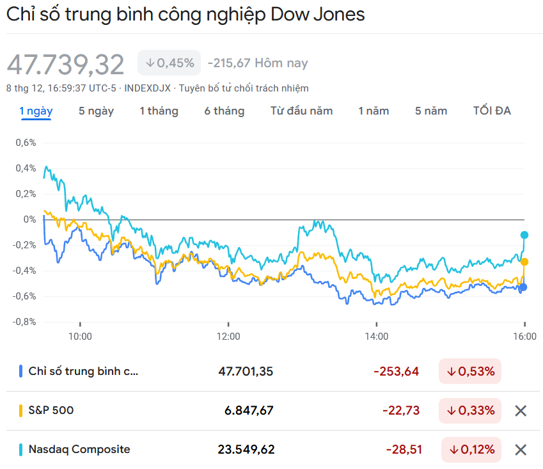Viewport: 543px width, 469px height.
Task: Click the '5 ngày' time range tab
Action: pyautogui.click(x=96, y=111)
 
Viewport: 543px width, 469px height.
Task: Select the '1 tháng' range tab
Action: pyautogui.click(x=159, y=111)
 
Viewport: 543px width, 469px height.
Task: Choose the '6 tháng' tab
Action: pyautogui.click(x=224, y=111)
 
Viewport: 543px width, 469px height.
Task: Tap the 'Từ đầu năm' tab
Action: pyautogui.click(x=301, y=111)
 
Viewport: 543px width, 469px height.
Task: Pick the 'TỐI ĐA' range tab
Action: pyautogui.click(x=492, y=111)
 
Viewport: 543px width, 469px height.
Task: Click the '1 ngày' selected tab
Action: pyautogui.click(x=36, y=111)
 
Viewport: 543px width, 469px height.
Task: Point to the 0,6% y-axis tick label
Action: pyautogui.click(x=26, y=143)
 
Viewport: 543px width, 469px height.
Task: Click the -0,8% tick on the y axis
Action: pyautogui.click(x=25, y=322)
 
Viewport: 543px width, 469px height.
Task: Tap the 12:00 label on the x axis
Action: pyautogui.click(x=228, y=336)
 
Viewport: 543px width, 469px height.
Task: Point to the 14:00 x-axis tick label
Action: pyautogui.click(x=377, y=336)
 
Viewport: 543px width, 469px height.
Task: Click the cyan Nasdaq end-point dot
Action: pyautogui.click(x=524, y=235)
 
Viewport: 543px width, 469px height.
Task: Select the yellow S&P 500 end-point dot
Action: pyautogui.click(x=524, y=262)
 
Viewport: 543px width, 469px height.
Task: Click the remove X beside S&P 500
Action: pyautogui.click(x=521, y=411)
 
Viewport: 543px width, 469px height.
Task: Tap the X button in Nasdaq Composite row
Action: pyautogui.click(x=521, y=450)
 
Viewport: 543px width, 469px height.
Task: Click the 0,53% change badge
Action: pyautogui.click(x=470, y=372)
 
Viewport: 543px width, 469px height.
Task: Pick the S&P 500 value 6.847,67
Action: pyautogui.click(x=249, y=411)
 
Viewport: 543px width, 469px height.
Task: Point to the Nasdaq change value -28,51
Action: pyautogui.click(x=404, y=450)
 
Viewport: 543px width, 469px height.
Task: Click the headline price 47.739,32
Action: pyautogui.click(x=66, y=65)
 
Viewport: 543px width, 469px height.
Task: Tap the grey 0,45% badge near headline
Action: pyautogui.click(x=169, y=63)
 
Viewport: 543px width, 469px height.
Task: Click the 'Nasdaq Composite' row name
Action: pyautogui.click(x=79, y=449)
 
